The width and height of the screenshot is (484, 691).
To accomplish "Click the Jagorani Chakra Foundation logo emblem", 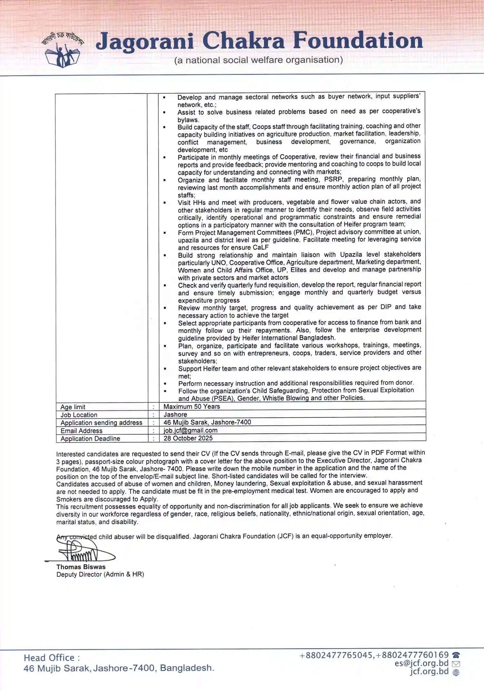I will coord(62,50).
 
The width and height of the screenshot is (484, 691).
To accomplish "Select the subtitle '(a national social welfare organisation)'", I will coord(258,60).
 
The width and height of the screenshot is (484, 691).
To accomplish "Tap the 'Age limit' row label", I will coord(73,407).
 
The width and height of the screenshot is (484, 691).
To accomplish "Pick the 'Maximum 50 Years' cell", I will coord(192,407).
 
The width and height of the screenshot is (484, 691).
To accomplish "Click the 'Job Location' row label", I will coord(79,415).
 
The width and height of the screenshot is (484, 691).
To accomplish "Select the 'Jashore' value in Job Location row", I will coord(175,414).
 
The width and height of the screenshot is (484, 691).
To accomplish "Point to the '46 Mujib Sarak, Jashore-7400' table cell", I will coord(207,422).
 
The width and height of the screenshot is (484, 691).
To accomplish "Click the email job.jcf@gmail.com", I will coord(190,430).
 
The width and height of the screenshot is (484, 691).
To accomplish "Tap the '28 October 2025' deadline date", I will coord(188,438).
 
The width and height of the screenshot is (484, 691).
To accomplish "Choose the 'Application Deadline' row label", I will coord(90,439).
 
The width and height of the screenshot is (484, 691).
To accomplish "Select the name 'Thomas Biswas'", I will coord(81,567).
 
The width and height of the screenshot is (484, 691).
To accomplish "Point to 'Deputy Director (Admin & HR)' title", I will coord(100,574).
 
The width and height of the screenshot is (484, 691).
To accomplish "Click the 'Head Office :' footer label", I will coord(52,657).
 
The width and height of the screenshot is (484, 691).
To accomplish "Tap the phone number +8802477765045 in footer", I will coord(336,655).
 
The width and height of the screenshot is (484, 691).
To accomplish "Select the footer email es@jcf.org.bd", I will coord(421,663).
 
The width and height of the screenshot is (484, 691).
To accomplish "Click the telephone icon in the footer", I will coord(456,655).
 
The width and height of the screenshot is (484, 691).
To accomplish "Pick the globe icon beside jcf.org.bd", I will coord(456,672).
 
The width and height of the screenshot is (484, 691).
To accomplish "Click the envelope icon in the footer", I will coord(456,664).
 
